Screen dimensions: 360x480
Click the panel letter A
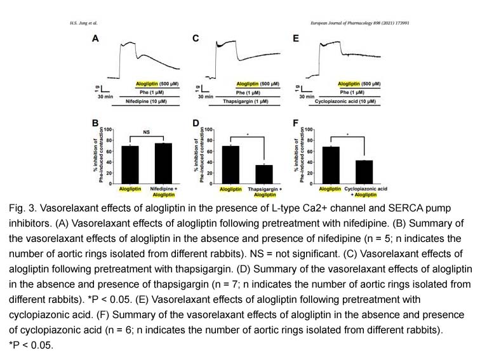(95, 38)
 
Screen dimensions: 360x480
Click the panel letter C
(196, 38)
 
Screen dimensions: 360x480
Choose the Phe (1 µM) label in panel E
(353, 92)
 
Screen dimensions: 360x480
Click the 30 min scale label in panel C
(207, 97)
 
